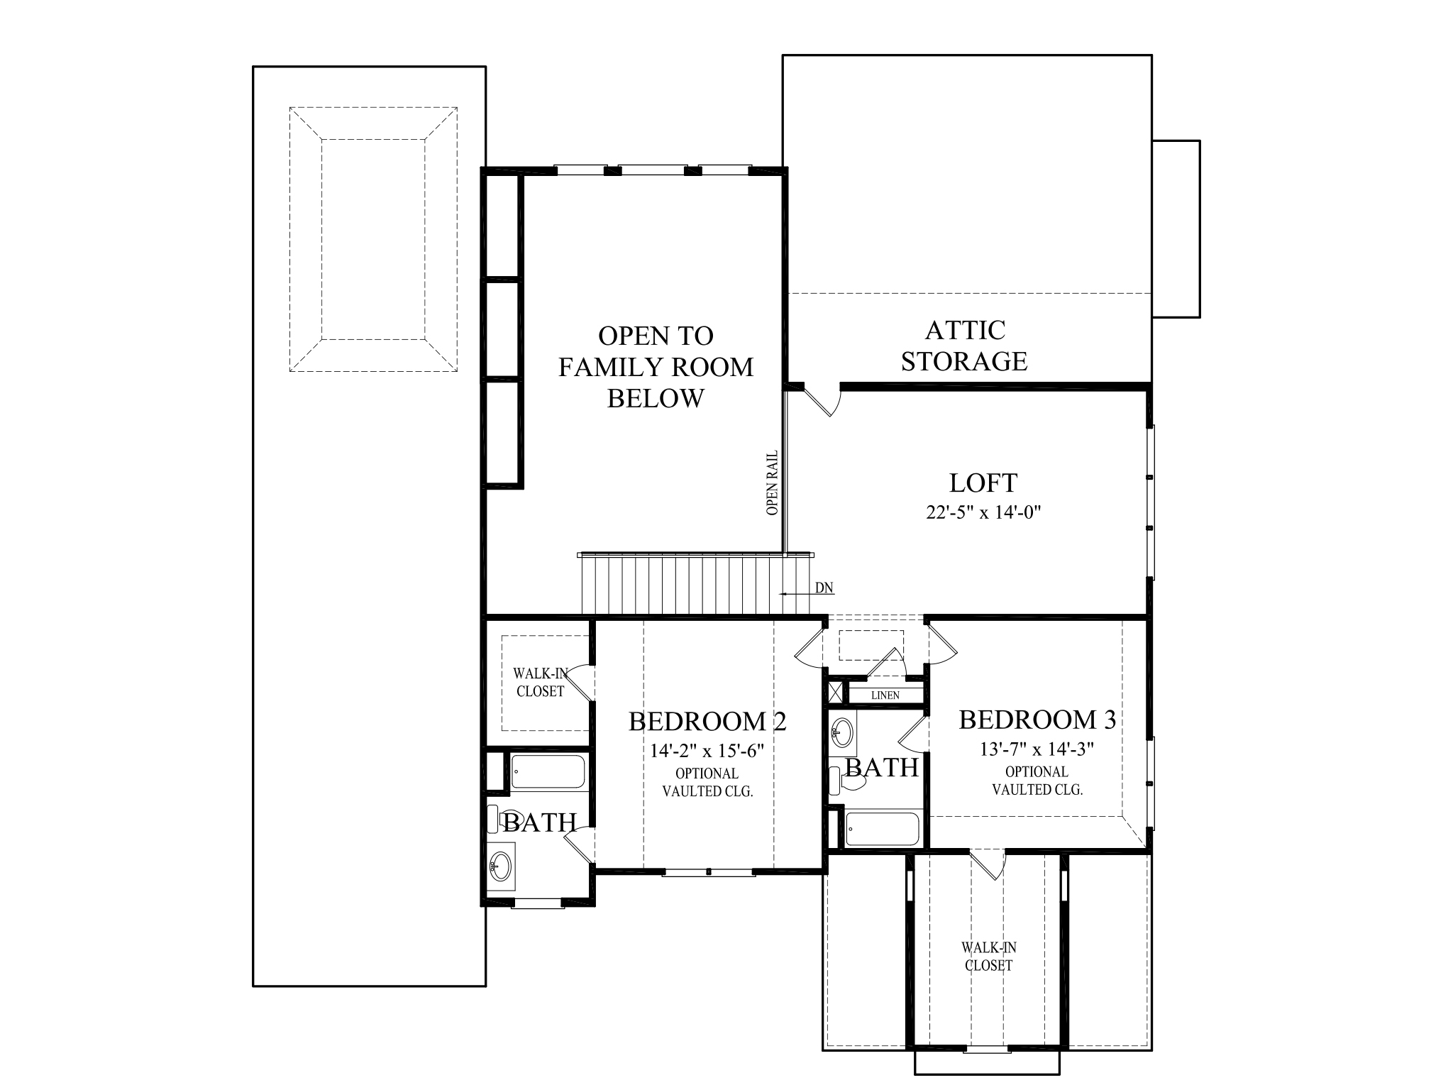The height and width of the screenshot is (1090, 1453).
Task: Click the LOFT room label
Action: click(983, 483)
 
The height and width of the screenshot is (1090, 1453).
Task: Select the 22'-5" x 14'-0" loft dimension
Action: click(983, 512)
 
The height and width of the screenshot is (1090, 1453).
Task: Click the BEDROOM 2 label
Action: click(707, 722)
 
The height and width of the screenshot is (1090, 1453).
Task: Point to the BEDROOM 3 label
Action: click(1037, 720)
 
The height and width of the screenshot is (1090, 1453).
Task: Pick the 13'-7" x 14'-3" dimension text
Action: click(1037, 749)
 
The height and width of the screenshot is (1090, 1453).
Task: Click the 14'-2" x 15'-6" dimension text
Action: click(707, 751)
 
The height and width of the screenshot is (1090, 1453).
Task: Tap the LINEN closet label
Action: click(885, 695)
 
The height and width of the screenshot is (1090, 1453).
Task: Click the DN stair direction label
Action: click(824, 588)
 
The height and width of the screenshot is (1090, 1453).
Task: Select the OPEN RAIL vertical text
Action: click(773, 483)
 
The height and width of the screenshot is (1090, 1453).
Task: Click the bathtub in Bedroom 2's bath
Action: click(548, 772)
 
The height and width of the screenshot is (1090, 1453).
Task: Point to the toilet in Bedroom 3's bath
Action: click(848, 781)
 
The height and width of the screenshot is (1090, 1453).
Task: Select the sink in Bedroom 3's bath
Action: click(843, 732)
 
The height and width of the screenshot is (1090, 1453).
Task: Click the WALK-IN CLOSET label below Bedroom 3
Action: click(988, 956)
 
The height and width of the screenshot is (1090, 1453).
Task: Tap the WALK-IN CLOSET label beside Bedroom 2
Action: click(541, 682)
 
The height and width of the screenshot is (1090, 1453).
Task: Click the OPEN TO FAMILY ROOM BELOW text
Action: click(655, 367)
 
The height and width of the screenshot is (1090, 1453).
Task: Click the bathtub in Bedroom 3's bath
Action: click(882, 829)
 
